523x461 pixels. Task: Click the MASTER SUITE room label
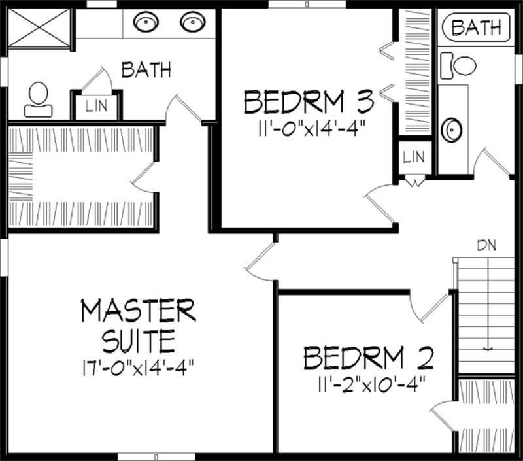pos(138,324)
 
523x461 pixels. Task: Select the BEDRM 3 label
pos(309,103)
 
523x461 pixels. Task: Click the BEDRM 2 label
pos(369,359)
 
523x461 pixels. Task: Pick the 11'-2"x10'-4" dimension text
pos(369,383)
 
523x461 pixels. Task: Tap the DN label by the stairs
pos(486,247)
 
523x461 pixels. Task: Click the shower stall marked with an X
pos(39,28)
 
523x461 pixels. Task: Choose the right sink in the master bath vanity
pos(192,24)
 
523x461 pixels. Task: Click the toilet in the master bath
pos(38,99)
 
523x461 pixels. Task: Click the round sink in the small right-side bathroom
pos(450,129)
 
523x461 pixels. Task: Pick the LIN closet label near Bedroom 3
pos(413,157)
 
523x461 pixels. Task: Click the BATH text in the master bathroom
pos(146,69)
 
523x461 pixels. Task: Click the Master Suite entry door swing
pos(260,262)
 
